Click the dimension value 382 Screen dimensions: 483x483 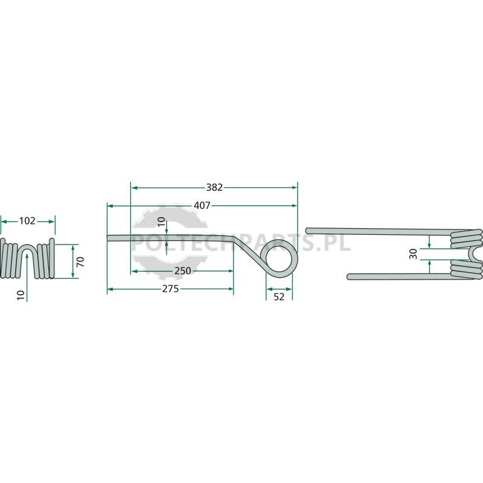pos(214,187)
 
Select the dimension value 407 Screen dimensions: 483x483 pos(202,205)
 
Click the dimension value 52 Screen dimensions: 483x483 pos(279,296)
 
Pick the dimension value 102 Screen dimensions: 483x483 pos(27,221)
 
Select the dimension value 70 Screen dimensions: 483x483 pos(80,262)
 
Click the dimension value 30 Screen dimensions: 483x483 pos(413,254)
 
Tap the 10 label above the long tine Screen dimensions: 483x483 pos(161,222)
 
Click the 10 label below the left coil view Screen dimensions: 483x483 pos(21,295)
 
